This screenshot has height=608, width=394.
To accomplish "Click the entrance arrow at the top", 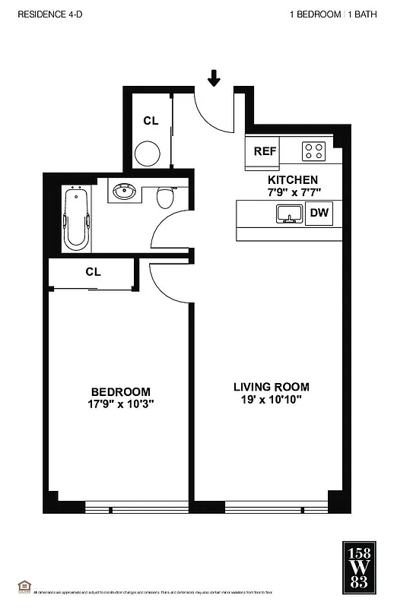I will pos(214,77).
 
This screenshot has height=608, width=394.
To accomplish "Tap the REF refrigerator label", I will pos(264,151).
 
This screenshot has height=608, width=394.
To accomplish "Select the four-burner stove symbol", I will pos(313,150).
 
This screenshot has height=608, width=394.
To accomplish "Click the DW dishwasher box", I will pos(319,214).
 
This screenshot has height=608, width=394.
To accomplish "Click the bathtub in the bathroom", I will pos(76,220).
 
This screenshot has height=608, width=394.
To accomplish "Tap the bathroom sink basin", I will pos(124,192).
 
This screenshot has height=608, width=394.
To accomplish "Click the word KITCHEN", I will pos(287,180).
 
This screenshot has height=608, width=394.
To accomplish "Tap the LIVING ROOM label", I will pos(271,387).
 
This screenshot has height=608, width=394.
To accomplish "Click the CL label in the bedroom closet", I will pos(93,271).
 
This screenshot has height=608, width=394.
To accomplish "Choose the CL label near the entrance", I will pos(151,121).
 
